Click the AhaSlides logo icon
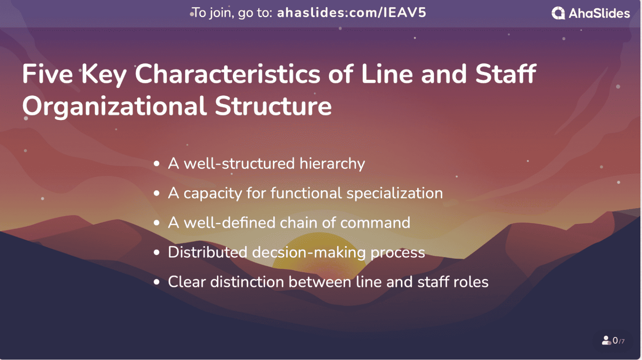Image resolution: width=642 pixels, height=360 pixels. tap(558, 13)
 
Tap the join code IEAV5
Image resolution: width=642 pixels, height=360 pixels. tap(405, 13)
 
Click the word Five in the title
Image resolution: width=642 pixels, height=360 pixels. tap(47, 74)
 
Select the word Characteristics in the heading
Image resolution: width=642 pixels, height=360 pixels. tap(228, 74)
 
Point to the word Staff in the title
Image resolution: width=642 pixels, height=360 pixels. tap(505, 74)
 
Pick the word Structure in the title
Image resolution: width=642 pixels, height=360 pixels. tap(273, 106)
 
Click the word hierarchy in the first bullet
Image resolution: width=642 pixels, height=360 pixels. tap(332, 164)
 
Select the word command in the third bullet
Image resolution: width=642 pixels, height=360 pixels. tap(375, 223)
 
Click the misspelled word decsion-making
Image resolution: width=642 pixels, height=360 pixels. tap(309, 253)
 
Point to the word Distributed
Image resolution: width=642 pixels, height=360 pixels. tap(207, 253)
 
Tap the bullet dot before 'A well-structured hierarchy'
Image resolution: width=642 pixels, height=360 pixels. tap(157, 164)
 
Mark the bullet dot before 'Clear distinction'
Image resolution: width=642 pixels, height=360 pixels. tap(157, 282)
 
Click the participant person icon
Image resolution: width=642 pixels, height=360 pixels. tap(606, 341)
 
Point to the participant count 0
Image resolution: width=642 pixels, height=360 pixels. tap(615, 341)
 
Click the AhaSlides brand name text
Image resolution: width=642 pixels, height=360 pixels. tap(599, 13)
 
